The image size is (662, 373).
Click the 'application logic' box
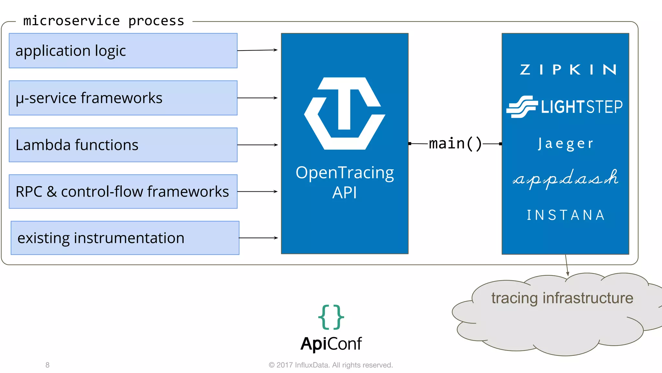tap(123, 51)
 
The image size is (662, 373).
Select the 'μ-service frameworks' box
tap(123, 98)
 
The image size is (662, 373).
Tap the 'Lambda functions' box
tap(123, 145)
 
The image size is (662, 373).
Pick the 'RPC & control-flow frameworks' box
tap(123, 191)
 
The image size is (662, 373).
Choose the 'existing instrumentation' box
tap(125, 238)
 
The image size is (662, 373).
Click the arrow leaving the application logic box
tap(257, 50)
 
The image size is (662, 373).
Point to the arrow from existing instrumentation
tap(258, 238)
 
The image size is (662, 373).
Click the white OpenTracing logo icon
tap(345, 113)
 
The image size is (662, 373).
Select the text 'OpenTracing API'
tap(345, 182)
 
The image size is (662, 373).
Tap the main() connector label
tap(455, 143)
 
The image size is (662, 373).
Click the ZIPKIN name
tap(568, 70)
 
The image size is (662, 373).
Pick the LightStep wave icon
tap(522, 107)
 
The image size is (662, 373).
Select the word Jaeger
tap(566, 144)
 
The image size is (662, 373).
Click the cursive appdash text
tap(566, 178)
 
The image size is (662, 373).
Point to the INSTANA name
tap(566, 215)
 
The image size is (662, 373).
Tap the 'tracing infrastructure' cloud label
tap(562, 298)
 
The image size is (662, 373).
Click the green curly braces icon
tap(331, 317)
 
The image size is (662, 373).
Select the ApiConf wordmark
tap(331, 344)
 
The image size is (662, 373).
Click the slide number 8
tap(48, 365)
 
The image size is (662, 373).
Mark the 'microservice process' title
tap(103, 21)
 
